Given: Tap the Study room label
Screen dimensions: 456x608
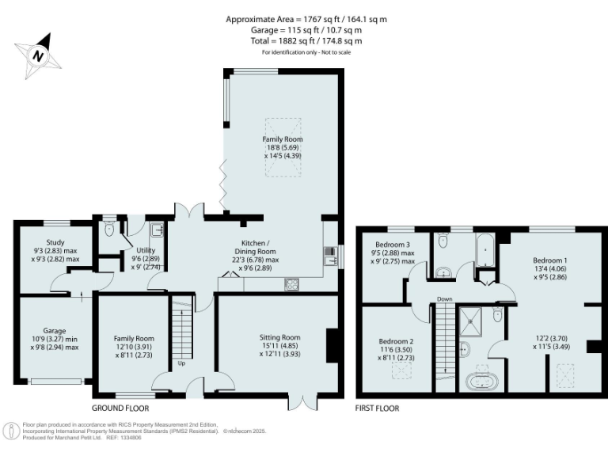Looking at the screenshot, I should click(55, 242).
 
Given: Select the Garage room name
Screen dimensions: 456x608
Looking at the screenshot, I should click(55, 331).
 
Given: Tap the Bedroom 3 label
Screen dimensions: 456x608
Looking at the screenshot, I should click(393, 244).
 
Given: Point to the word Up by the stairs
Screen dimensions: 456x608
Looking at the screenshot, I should click(182, 364).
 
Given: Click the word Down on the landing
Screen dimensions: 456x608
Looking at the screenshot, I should click(444, 299).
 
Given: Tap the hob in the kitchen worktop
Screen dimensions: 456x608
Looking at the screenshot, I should click(291, 283).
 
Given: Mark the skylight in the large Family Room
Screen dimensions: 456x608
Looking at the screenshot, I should click(283, 128).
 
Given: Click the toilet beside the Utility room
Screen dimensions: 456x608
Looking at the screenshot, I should click(108, 230).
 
